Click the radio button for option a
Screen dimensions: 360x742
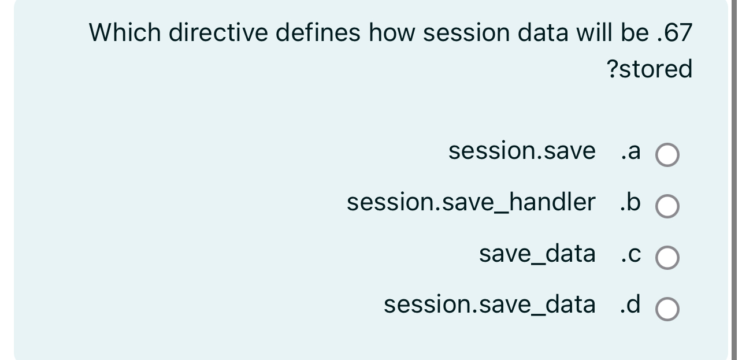click(667, 155)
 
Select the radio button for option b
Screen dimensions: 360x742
click(667, 207)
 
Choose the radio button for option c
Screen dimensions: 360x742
click(667, 258)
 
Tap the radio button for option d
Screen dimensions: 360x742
click(667, 309)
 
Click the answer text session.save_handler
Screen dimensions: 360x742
click(471, 202)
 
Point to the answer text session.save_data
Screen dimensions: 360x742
click(489, 305)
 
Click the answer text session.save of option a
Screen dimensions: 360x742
click(522, 151)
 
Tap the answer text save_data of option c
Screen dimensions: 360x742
click(537, 254)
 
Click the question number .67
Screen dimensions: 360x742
click(675, 34)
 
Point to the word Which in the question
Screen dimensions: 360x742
click(124, 33)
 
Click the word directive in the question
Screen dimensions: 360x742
click(218, 33)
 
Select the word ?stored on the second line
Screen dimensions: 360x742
click(650, 69)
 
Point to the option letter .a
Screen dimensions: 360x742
click(630, 151)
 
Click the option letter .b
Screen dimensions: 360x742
click(630, 202)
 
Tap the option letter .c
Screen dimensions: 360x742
click(630, 254)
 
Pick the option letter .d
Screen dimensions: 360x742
click(630, 305)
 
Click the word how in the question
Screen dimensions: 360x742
click(392, 33)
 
